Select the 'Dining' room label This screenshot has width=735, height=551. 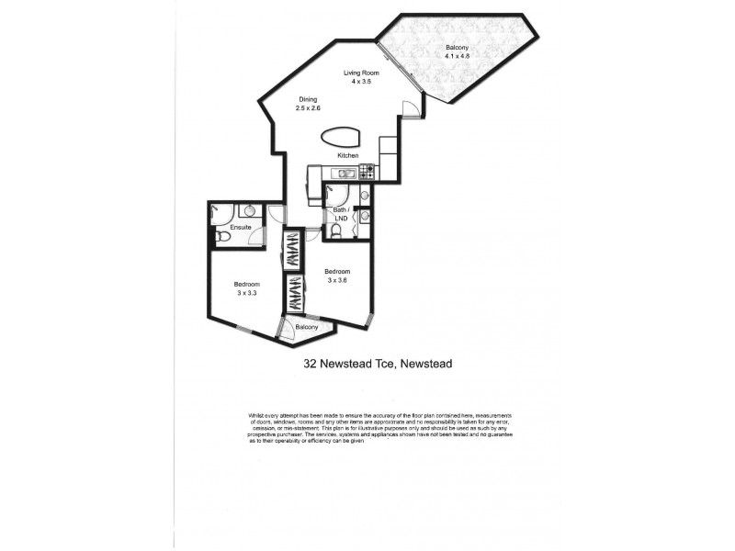308,99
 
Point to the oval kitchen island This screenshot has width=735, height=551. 342,138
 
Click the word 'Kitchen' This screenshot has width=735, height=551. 347,156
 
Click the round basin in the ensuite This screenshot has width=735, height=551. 248,211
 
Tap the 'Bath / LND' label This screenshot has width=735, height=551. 342,215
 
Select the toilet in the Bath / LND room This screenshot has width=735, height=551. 338,234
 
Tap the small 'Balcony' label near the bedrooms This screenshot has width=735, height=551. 307,328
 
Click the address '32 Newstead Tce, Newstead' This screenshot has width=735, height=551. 378,363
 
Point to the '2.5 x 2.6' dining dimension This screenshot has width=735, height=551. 308,108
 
